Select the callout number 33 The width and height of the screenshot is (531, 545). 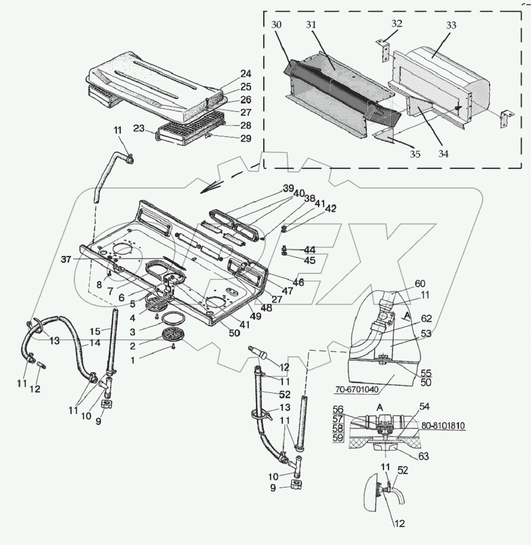click(x=451, y=25)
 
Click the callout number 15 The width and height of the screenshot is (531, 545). click(x=94, y=331)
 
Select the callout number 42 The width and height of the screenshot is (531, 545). click(x=331, y=208)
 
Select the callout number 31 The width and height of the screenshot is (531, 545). click(x=311, y=25)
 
